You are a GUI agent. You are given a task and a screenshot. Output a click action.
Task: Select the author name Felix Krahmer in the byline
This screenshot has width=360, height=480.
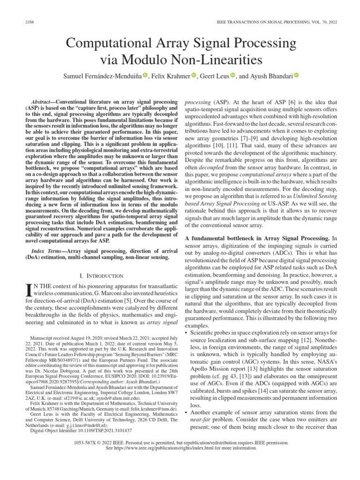172,76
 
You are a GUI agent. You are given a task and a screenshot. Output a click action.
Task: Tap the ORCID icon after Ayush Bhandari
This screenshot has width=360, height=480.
296,75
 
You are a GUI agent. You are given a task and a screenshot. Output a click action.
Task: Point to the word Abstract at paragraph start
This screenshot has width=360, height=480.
41,102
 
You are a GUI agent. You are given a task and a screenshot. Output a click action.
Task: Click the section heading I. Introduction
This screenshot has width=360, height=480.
101,276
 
